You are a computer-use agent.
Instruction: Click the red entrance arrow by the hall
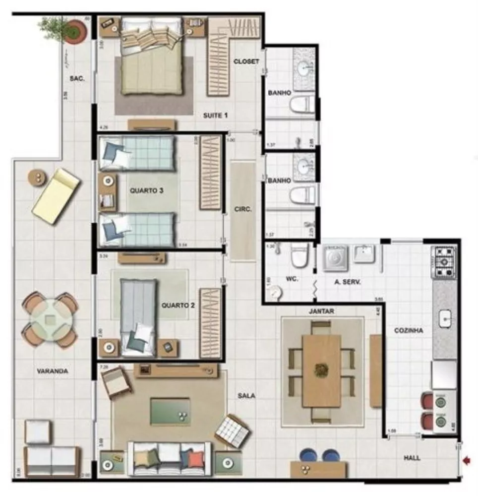pos(467,460)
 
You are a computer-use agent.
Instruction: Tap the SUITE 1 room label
pos(215,116)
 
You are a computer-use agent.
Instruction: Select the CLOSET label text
pos(246,62)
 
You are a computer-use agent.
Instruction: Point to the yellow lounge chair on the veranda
pos(56,196)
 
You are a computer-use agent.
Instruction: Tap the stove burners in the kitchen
pos(445,261)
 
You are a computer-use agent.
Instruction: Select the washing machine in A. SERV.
pos(336,258)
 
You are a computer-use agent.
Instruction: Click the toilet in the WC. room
pos(299,256)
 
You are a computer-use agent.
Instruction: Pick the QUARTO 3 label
pos(146,190)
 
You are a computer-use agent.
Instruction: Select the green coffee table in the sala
pos(170,411)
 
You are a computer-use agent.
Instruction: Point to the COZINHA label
pos(408,330)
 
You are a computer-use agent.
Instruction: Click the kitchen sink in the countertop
pos(445,319)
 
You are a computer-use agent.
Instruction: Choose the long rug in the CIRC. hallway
pos(243,210)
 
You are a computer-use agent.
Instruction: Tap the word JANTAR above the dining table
pos(321,311)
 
